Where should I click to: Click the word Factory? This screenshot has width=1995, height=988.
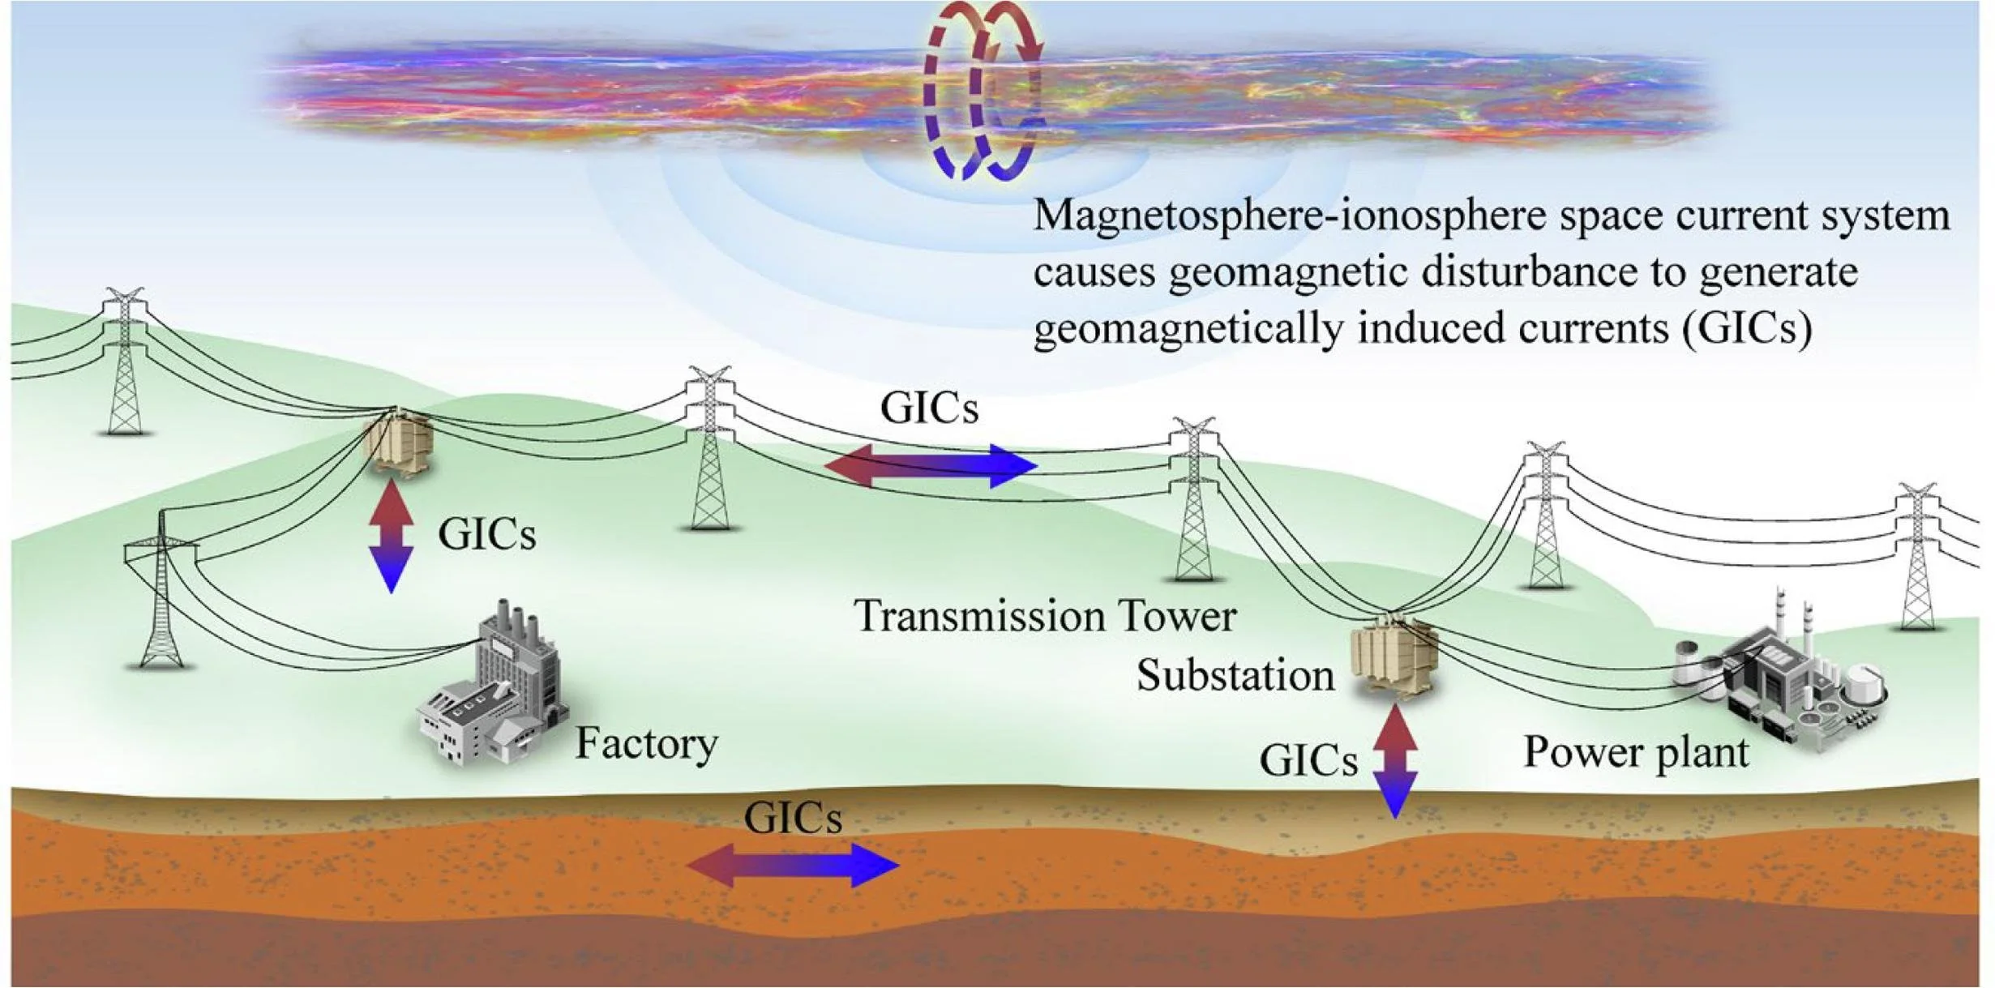646,743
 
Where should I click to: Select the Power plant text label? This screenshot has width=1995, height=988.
1635,751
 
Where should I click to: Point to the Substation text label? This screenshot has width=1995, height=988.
1235,675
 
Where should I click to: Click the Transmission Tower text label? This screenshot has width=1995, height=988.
1044,616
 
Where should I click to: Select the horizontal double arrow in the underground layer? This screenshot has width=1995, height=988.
792,865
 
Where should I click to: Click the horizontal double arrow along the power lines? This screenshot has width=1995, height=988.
931,465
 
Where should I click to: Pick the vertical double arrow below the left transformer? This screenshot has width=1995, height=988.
392,535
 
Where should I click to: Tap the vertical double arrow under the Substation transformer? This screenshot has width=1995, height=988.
1395,760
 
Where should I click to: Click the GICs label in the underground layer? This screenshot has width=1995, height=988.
792,818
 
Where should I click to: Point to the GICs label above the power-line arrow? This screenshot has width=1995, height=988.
929,408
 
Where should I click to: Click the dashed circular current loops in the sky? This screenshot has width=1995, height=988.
983,89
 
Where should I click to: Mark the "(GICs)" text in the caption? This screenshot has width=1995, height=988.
1747,328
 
